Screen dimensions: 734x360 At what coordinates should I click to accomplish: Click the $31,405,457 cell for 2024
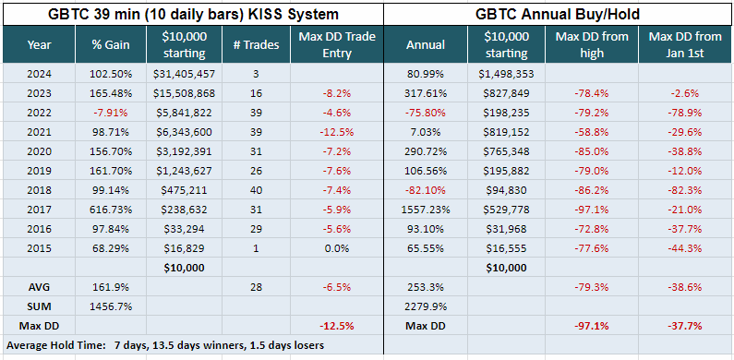pyautogui.click(x=184, y=74)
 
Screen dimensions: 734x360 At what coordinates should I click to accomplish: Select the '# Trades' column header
pyautogui.click(x=256, y=45)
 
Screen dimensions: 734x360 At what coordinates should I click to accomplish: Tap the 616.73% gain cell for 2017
pyautogui.click(x=111, y=210)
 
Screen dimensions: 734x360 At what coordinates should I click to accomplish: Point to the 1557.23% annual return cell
pyautogui.click(x=426, y=210)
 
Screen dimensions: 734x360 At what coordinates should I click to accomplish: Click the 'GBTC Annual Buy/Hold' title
pyautogui.click(x=558, y=14)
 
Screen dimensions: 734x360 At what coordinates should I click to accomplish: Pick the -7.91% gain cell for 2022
pyautogui.click(x=111, y=113)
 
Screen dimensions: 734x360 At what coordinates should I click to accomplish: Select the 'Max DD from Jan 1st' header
pyautogui.click(x=685, y=45)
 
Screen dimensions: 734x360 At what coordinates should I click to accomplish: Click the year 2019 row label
pyautogui.click(x=39, y=171)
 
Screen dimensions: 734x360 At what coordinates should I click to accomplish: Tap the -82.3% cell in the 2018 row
pyautogui.click(x=685, y=190)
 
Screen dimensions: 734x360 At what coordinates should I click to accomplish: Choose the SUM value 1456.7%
pyautogui.click(x=111, y=306)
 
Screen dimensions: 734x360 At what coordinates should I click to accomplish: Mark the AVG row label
pyautogui.click(x=39, y=287)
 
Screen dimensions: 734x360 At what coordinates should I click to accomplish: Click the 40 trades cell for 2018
pyautogui.click(x=256, y=190)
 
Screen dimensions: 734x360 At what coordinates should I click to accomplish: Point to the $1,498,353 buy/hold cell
pyautogui.click(x=506, y=74)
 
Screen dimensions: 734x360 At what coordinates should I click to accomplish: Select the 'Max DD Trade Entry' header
pyautogui.click(x=337, y=45)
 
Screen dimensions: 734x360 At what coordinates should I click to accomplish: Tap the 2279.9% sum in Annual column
pyautogui.click(x=426, y=306)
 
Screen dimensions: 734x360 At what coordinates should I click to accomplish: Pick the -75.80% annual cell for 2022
pyautogui.click(x=426, y=113)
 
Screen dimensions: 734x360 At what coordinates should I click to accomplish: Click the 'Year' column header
pyautogui.click(x=39, y=45)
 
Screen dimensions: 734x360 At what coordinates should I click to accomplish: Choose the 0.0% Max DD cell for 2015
pyautogui.click(x=337, y=248)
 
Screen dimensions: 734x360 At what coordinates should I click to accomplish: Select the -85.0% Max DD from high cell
pyautogui.click(x=592, y=151)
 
